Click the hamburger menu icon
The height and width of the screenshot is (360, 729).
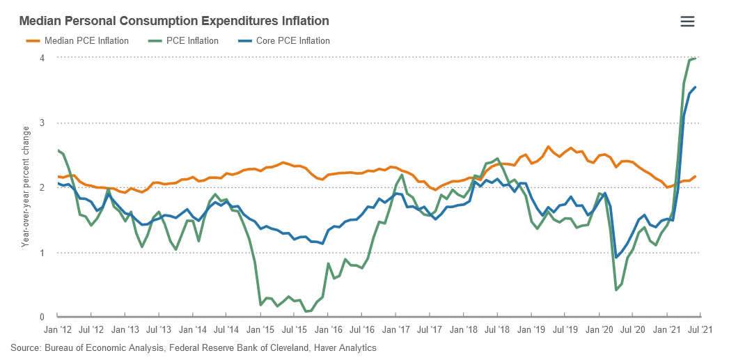click(x=687, y=22)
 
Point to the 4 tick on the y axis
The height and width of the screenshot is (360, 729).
click(x=42, y=58)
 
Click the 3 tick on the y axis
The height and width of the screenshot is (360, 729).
click(x=42, y=123)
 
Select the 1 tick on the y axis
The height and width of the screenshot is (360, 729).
click(x=42, y=253)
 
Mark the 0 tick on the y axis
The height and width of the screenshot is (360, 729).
click(x=42, y=318)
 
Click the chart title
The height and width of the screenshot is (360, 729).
click(x=174, y=22)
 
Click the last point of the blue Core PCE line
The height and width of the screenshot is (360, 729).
click(x=696, y=87)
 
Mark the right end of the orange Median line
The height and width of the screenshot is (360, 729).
click(x=696, y=177)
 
